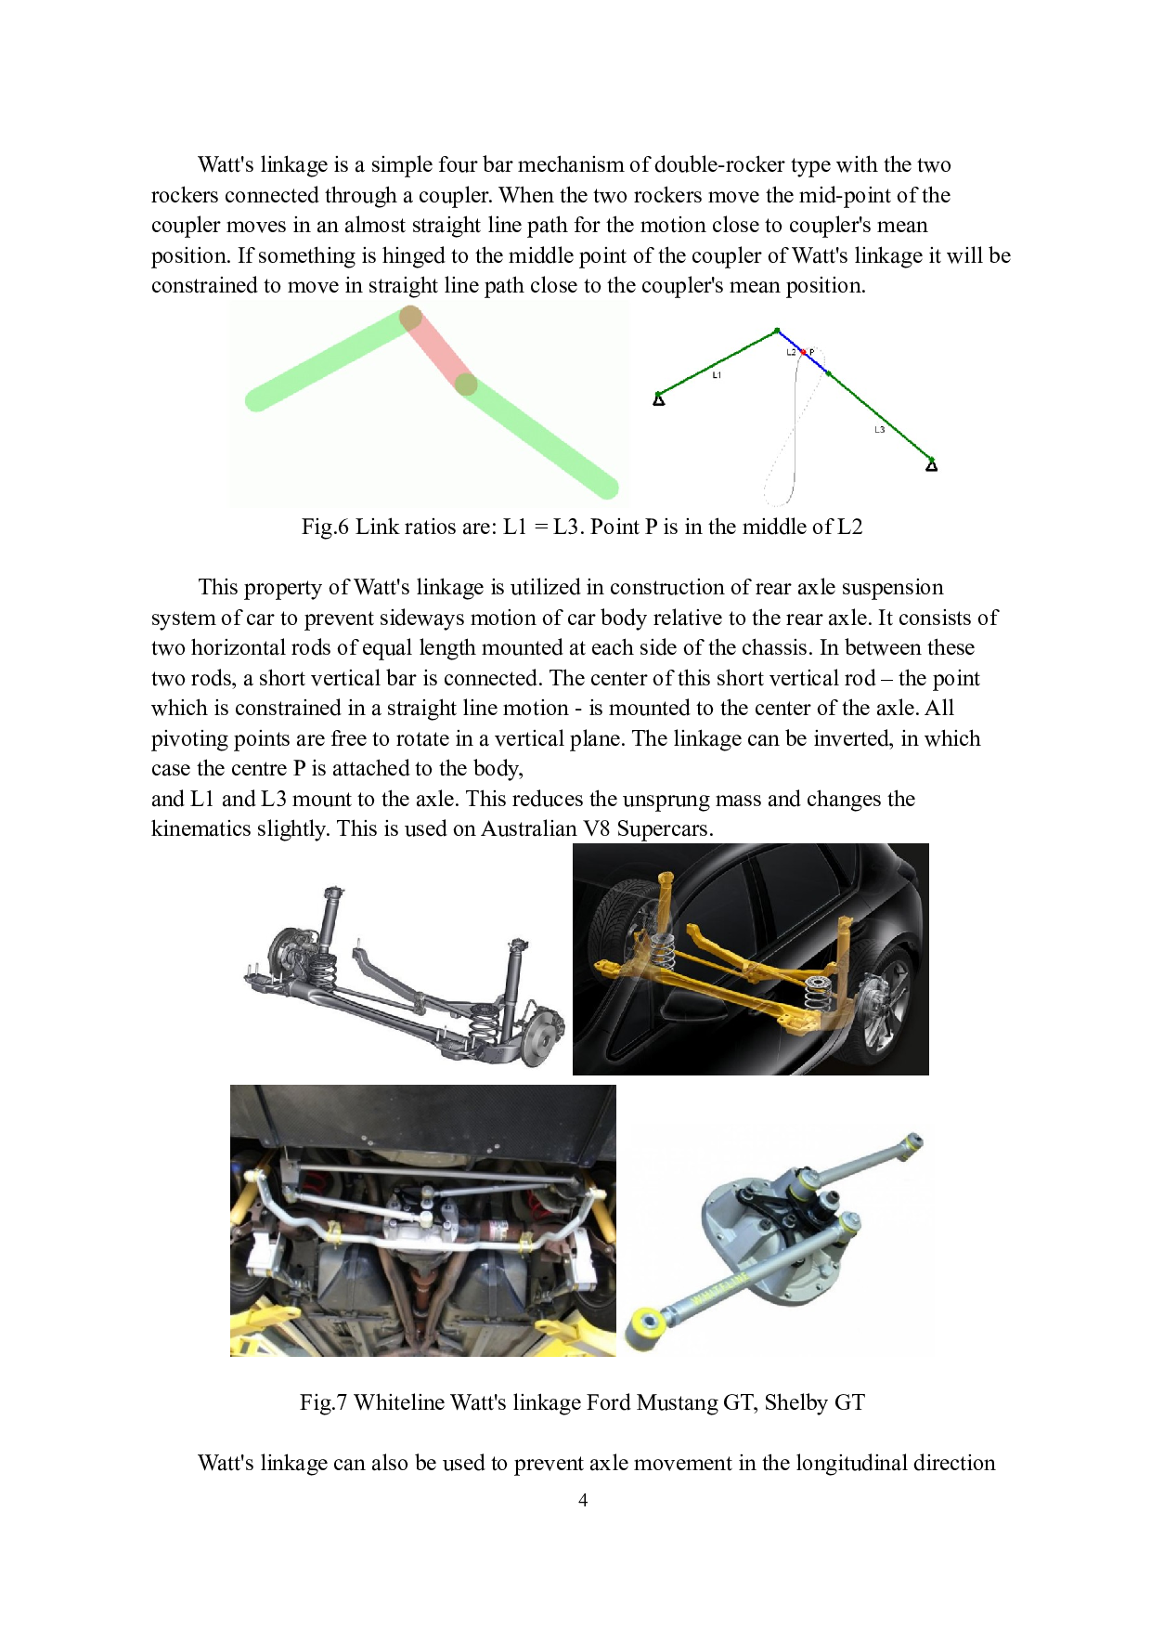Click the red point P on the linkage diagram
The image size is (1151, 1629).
804,353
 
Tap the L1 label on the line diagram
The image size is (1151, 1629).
717,375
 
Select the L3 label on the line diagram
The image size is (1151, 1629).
879,430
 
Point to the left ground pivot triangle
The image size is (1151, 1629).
659,399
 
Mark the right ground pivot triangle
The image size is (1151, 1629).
932,464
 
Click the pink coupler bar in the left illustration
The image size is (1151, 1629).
438,352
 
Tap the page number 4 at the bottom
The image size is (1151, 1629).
583,1500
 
